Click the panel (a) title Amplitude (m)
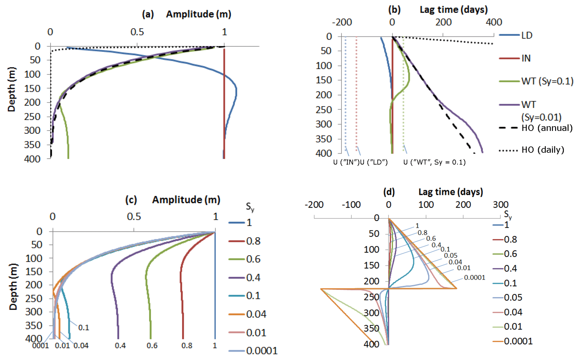198,14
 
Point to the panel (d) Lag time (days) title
451,192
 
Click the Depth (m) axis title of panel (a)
12,89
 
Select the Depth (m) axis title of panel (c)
13,287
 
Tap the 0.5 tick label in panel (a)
137,32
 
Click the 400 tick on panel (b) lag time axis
494,22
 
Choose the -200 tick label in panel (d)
314,205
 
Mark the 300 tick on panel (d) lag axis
501,205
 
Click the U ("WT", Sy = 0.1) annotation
434,162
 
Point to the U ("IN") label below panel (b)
346,162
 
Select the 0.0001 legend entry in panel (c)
262,351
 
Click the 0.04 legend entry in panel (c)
256,314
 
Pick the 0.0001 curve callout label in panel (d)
474,278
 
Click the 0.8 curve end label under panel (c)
187,346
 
